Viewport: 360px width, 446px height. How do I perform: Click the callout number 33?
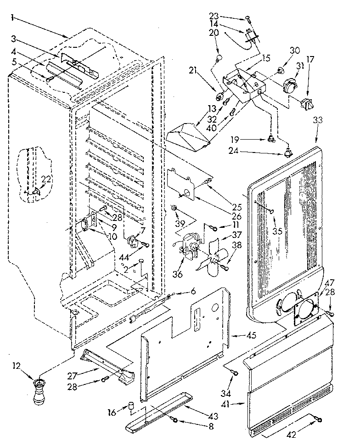318,120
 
